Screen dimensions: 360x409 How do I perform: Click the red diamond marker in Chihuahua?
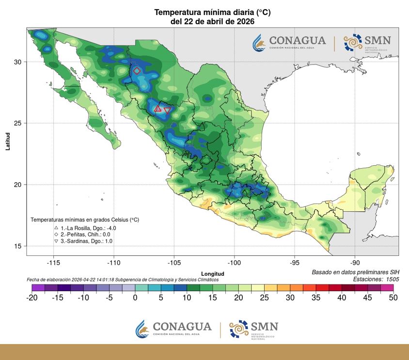137,71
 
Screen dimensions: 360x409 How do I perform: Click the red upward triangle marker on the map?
157,109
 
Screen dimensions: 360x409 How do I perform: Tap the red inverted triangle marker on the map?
167,110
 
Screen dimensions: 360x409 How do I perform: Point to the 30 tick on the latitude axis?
17,62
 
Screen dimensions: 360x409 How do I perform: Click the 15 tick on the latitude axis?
17,246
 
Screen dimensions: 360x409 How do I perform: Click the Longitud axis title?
213,274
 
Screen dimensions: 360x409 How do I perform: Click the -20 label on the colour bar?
32,297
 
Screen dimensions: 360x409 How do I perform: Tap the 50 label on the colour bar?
393,297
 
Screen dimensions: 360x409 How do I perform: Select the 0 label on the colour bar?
135,297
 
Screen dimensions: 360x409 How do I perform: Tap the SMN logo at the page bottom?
253,329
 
